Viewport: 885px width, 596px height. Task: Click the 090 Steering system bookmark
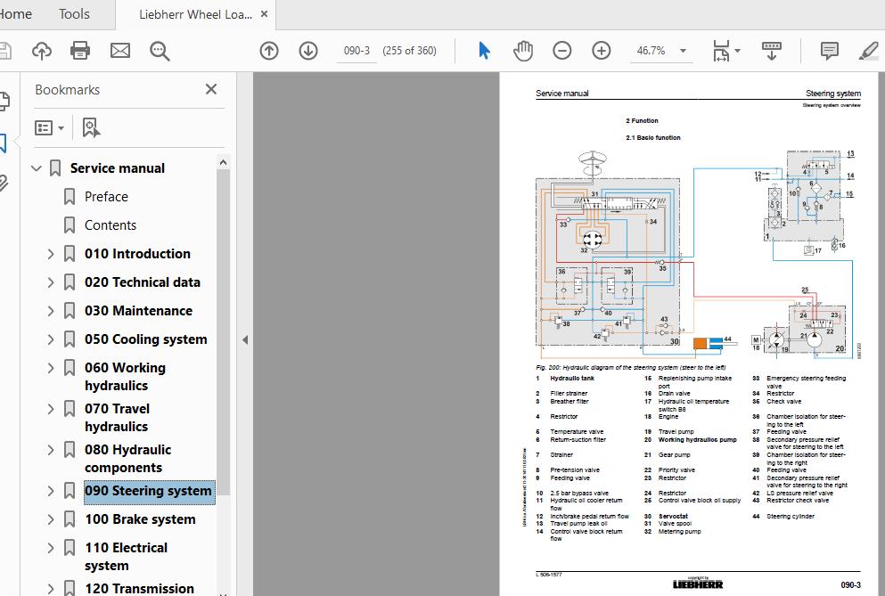[148, 491]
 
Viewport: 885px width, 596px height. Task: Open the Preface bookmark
[106, 197]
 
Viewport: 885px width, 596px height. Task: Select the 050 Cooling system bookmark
[145, 339]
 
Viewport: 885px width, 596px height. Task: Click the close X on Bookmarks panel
[211, 89]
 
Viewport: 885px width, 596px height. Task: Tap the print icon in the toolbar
[80, 51]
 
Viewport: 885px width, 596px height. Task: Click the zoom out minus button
[562, 51]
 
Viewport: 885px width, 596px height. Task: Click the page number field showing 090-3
[356, 51]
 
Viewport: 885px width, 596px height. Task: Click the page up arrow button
[269, 51]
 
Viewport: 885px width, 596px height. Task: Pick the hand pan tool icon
[523, 51]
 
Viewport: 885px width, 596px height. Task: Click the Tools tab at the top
[74, 13]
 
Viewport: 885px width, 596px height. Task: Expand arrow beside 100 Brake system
[51, 519]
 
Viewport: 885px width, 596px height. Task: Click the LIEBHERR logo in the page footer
[699, 584]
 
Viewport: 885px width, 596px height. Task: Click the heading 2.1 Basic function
[652, 138]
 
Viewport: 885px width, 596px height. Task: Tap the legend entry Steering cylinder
[790, 517]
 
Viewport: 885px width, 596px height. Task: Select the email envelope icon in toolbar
[119, 51]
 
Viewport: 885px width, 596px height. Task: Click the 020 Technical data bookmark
[142, 282]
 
